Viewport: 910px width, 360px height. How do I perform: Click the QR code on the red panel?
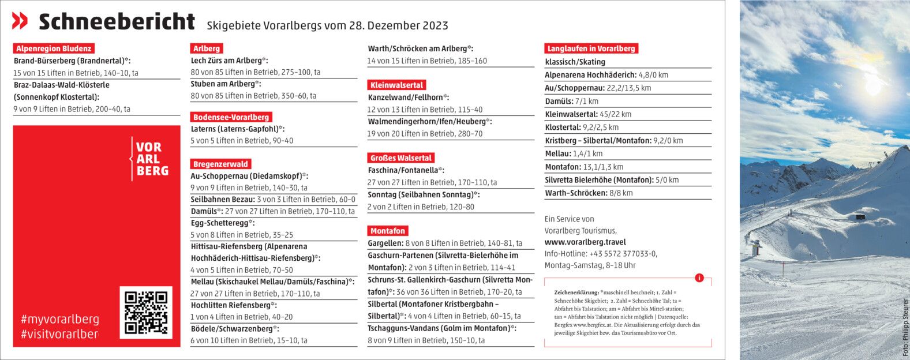(x=145, y=312)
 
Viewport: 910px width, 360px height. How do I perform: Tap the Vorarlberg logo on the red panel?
(x=149, y=159)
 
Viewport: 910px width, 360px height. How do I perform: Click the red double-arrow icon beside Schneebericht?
(x=20, y=21)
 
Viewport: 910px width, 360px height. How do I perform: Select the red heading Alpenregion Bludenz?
(x=53, y=49)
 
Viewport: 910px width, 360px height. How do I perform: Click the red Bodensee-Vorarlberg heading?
(x=231, y=117)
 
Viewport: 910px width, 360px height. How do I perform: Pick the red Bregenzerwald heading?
(x=221, y=164)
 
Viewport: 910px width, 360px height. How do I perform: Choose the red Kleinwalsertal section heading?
(x=397, y=85)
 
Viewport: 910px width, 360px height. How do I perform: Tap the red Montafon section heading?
(x=388, y=231)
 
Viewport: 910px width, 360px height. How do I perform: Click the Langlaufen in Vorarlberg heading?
(x=591, y=48)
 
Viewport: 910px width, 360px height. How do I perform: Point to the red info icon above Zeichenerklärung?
(x=699, y=278)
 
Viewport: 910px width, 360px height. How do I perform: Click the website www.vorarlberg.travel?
(x=585, y=242)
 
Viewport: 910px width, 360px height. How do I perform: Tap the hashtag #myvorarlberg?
(x=59, y=319)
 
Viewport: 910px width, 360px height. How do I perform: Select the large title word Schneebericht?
(x=117, y=22)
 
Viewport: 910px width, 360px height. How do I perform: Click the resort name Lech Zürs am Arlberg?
(x=226, y=61)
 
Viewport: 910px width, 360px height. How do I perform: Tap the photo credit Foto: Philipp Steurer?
(x=905, y=327)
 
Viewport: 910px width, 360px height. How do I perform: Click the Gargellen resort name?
(x=385, y=243)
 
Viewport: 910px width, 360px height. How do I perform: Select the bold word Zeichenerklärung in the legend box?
(x=576, y=292)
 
